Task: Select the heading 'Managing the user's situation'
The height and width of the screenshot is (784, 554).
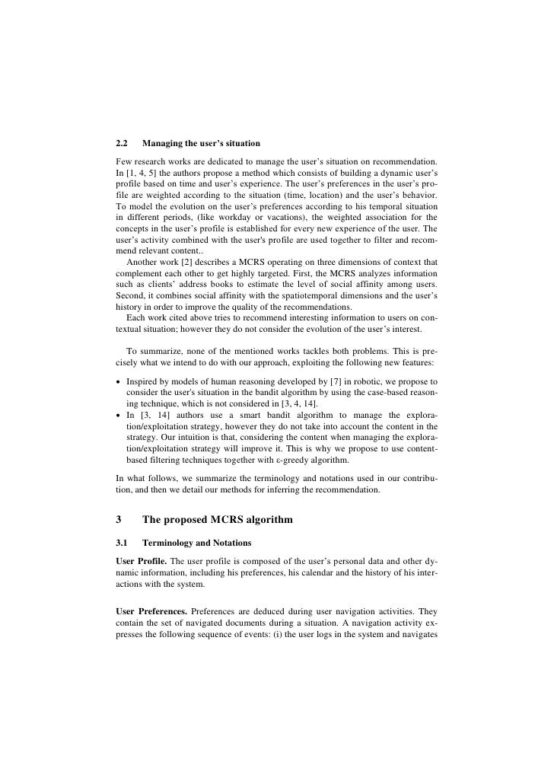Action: point(201,143)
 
